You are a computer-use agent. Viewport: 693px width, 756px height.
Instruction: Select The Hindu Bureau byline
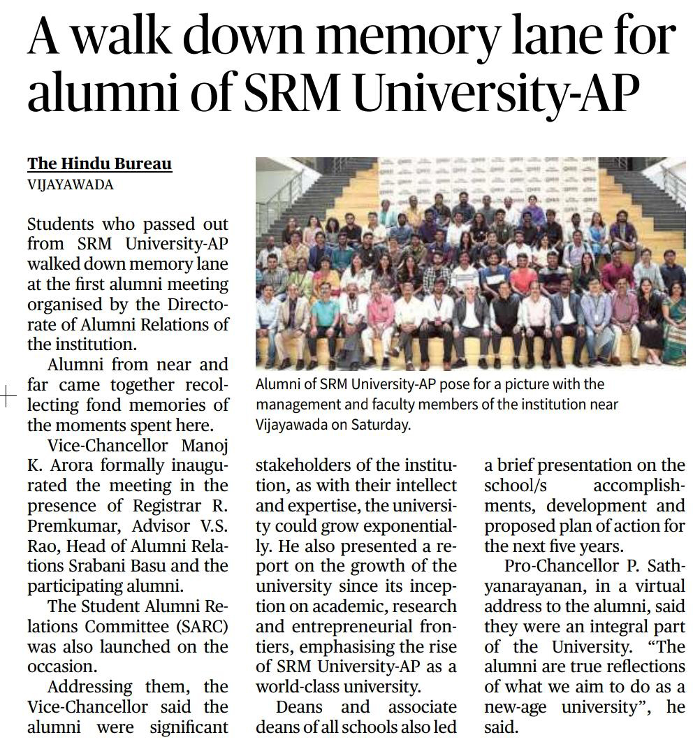coord(99,164)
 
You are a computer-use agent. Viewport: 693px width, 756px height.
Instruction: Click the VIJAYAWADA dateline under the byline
coord(70,184)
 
